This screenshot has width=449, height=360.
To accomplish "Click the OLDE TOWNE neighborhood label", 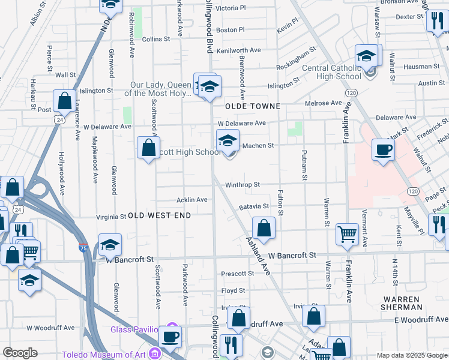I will click(253, 106).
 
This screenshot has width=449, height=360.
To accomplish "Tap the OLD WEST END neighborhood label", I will click(160, 215).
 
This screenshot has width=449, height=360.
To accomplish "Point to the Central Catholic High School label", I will click(331, 73).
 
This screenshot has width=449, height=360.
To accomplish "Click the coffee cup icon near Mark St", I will click(382, 150).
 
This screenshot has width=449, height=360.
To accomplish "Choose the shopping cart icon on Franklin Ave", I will click(348, 234).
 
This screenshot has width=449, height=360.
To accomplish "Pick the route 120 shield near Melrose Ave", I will click(352, 93).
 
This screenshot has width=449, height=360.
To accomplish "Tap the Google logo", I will click(20, 353).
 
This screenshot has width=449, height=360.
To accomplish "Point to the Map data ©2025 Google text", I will click(411, 355).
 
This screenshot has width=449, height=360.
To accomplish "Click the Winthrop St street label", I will click(243, 185).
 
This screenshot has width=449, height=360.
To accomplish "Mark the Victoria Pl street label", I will click(231, 8).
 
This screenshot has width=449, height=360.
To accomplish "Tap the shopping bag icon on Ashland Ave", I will click(264, 228).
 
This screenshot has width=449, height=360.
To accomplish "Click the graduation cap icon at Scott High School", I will click(227, 141).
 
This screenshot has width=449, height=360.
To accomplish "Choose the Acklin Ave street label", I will click(191, 200).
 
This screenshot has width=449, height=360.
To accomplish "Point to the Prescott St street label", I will click(238, 274).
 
